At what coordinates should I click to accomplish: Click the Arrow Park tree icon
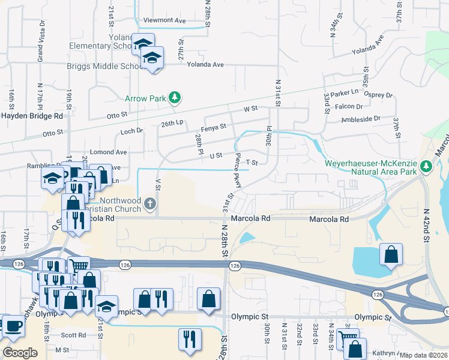(x=175, y=97)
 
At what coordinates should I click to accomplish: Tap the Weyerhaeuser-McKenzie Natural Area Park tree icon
(x=426, y=166)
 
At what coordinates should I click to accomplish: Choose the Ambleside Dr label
(x=361, y=119)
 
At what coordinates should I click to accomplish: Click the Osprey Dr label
(x=381, y=95)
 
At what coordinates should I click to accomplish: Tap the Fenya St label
(x=214, y=127)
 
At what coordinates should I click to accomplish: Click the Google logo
(x=20, y=353)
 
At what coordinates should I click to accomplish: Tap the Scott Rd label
(x=74, y=335)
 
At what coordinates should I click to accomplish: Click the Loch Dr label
(x=131, y=130)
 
